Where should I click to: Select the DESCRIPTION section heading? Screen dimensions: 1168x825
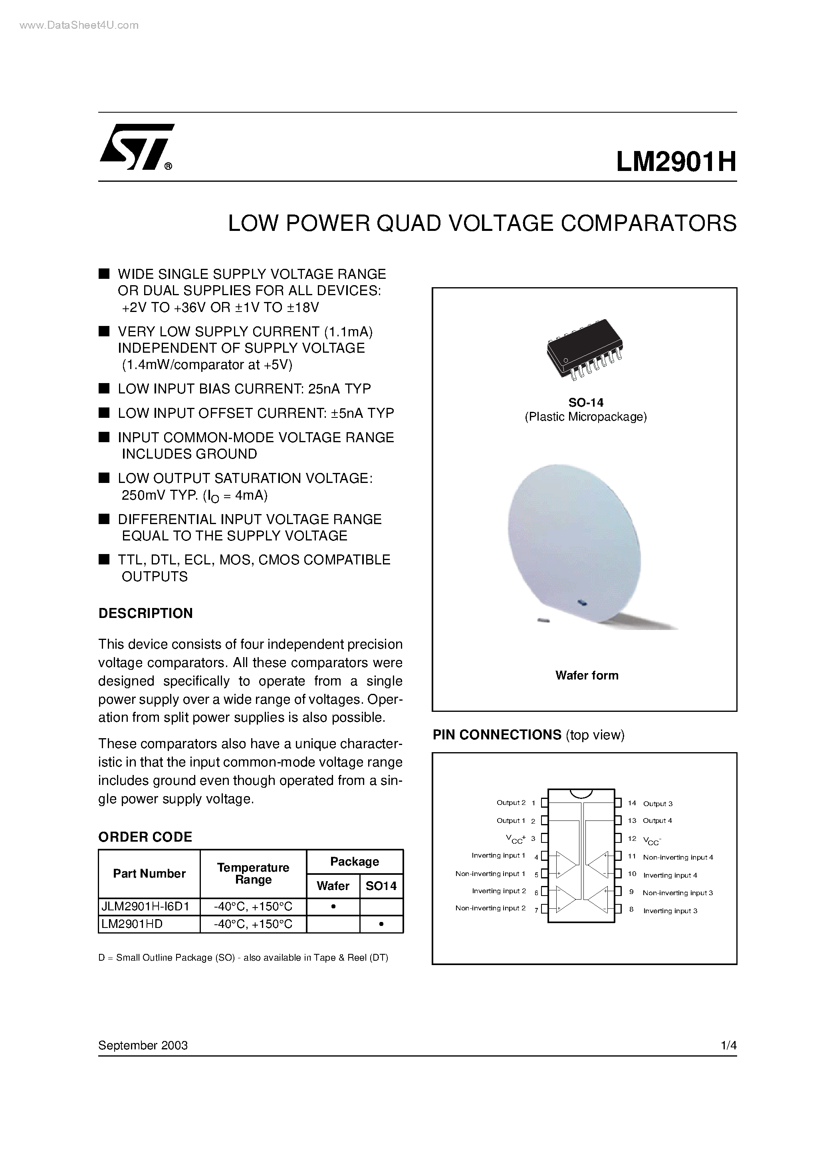145,614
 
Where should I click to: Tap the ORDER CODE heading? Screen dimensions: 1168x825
145,837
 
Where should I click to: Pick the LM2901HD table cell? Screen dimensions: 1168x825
132,924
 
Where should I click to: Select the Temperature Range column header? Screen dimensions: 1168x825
253,874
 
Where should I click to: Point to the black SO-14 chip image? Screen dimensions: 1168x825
585,348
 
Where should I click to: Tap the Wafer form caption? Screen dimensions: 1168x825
587,675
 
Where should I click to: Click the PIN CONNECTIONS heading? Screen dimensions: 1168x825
496,735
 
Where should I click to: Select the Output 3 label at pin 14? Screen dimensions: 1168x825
658,804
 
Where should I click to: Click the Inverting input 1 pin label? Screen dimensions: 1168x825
498,856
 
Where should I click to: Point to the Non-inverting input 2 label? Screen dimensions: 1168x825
490,908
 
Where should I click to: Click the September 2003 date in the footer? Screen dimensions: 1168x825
143,1045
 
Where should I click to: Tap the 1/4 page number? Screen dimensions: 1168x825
728,1045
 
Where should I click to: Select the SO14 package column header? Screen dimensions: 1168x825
381,886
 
